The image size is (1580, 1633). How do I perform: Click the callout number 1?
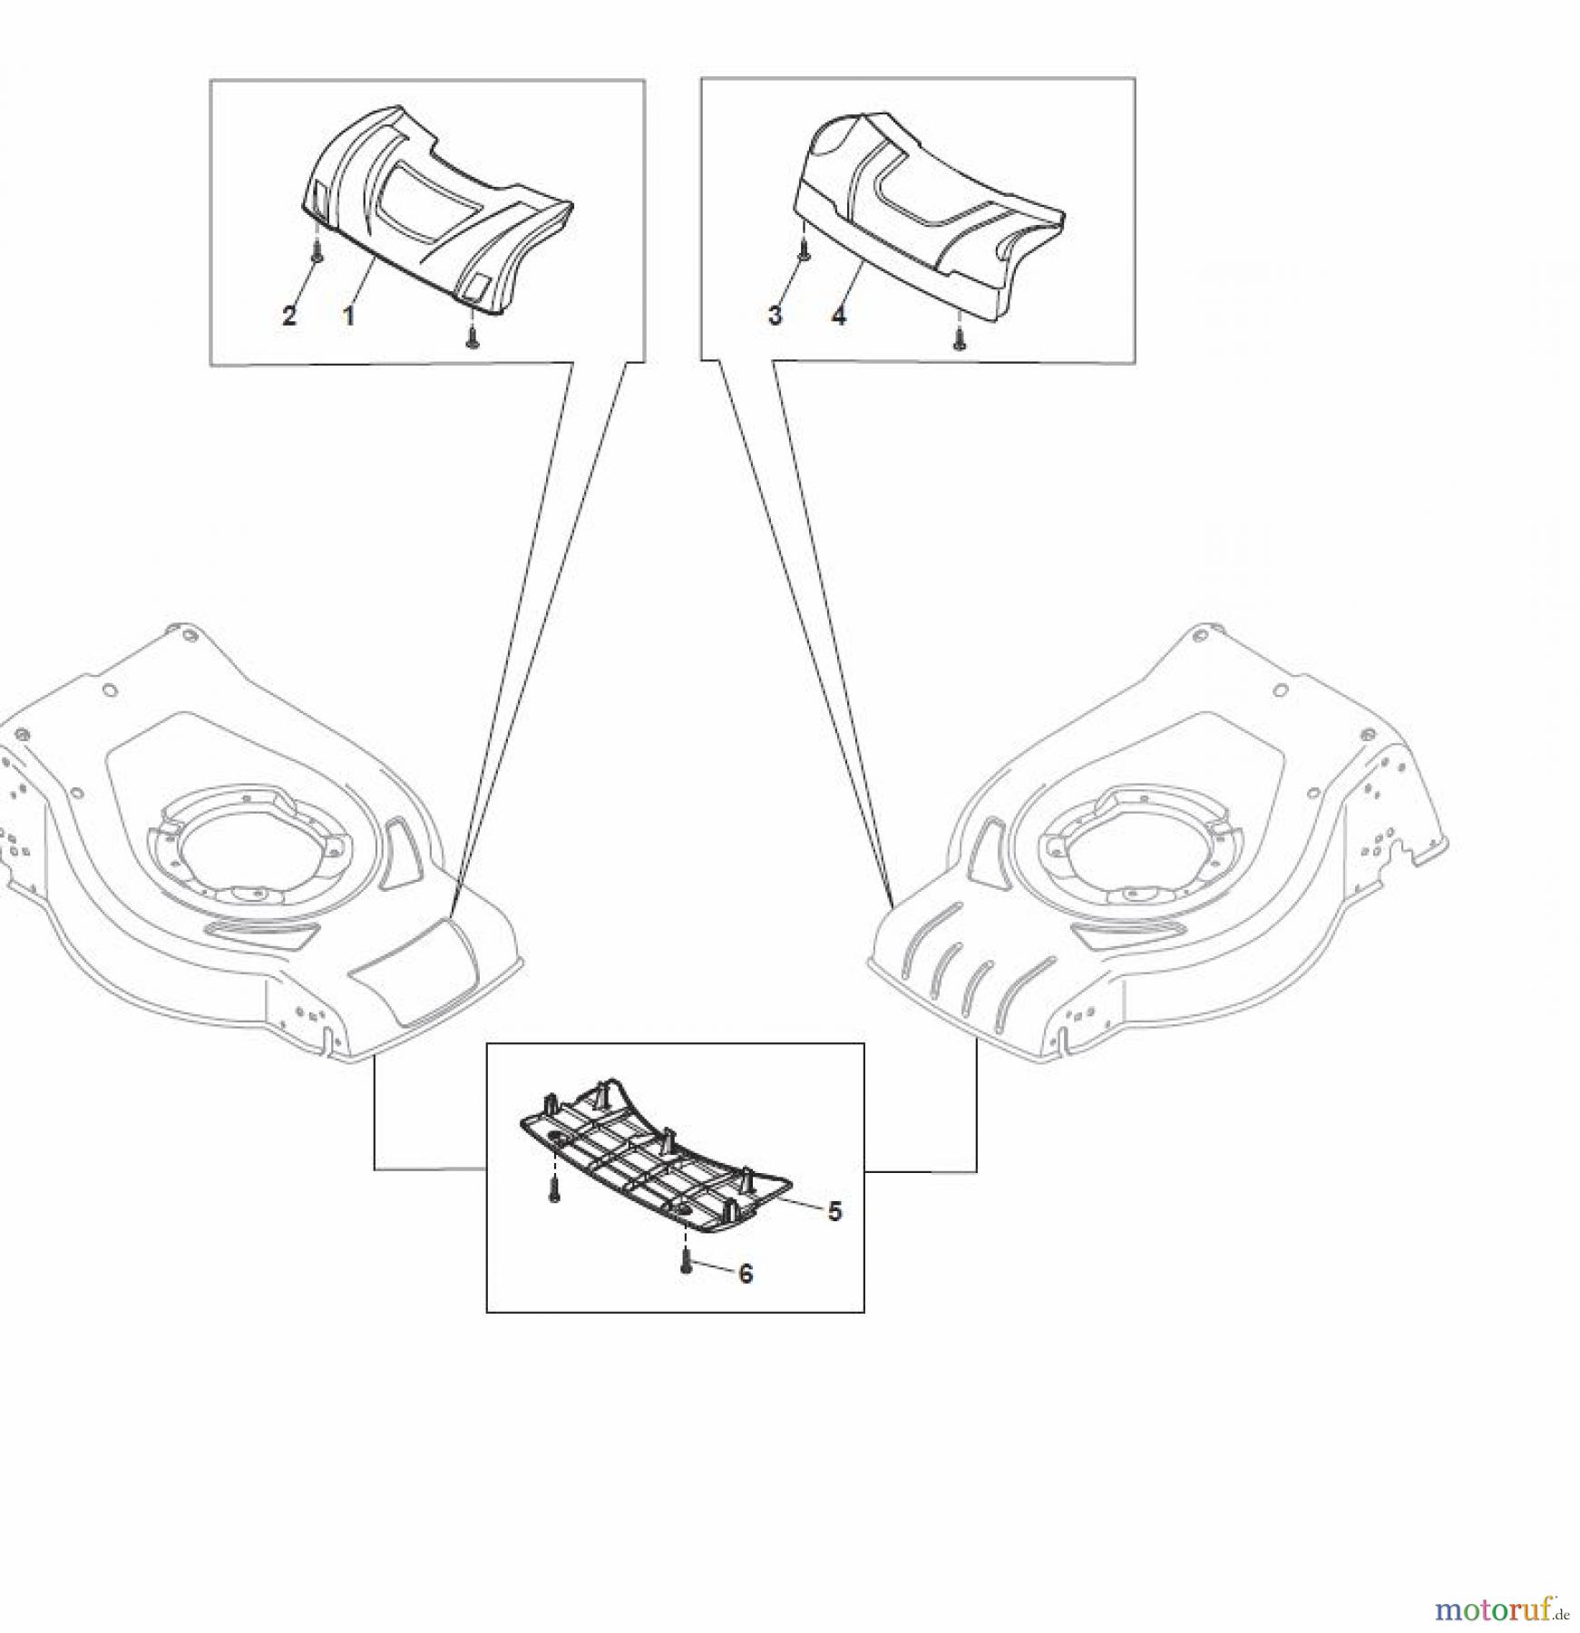(x=348, y=316)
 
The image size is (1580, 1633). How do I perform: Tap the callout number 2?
(x=288, y=316)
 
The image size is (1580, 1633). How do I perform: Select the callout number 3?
(x=775, y=316)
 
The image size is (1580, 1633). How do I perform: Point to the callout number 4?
(x=839, y=316)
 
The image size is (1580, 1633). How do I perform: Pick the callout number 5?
(x=834, y=1210)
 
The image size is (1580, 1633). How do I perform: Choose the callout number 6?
(x=746, y=1274)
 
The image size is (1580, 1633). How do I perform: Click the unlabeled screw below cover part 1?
(x=472, y=337)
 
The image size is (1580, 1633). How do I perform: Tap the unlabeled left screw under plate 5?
(x=554, y=1190)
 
